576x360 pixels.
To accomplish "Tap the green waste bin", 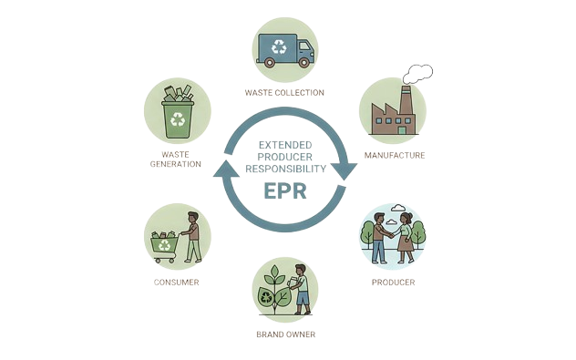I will (177, 117).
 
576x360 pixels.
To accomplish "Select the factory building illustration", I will (392, 114).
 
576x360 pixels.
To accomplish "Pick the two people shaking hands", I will (392, 238).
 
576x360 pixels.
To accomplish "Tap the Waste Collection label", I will (285, 93).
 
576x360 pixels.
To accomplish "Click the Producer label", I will (393, 283).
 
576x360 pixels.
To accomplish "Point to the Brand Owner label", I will (286, 334).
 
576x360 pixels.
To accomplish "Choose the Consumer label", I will (177, 283).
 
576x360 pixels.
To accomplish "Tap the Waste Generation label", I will (176, 159).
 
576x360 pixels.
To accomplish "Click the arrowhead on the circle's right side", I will (345, 170).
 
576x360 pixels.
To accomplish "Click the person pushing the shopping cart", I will (191, 236).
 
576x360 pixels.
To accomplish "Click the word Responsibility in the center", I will (286, 169).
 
